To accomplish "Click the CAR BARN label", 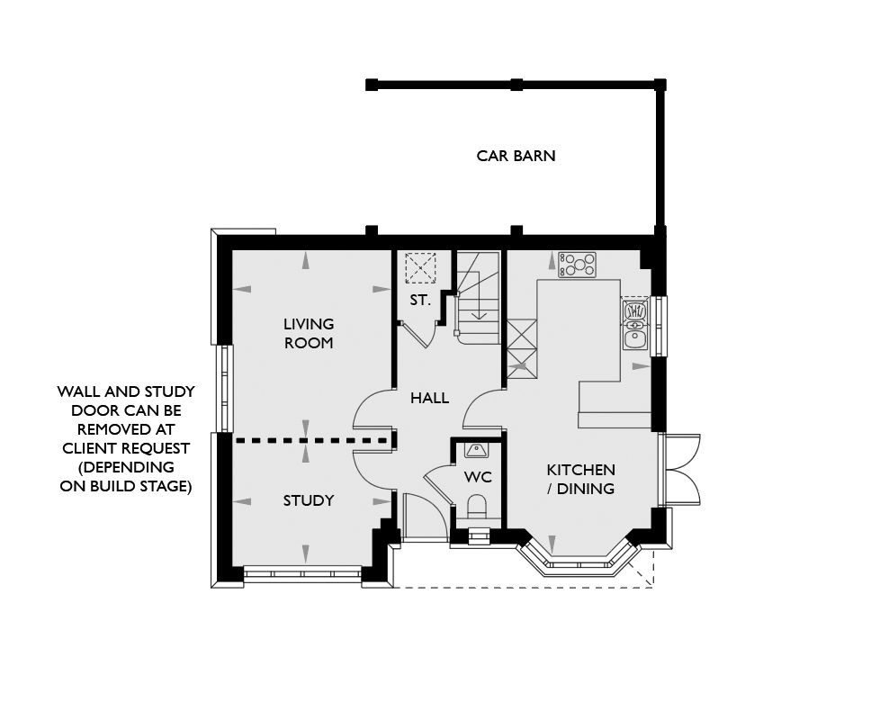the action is [516, 156].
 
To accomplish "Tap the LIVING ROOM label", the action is [309, 333].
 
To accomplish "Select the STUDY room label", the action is [309, 500].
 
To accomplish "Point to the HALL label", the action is [430, 398].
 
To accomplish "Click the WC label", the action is [478, 477].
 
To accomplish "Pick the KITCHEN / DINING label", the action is [580, 479].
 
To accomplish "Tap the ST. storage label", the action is [420, 301].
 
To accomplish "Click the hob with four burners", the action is [577, 265].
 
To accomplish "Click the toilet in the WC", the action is [478, 507].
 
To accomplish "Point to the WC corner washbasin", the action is [475, 451].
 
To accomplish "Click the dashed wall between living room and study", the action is [311, 440].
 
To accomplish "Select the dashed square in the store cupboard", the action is [421, 267].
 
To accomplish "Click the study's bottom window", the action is [302, 573].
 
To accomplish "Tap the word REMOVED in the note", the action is [126, 429].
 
